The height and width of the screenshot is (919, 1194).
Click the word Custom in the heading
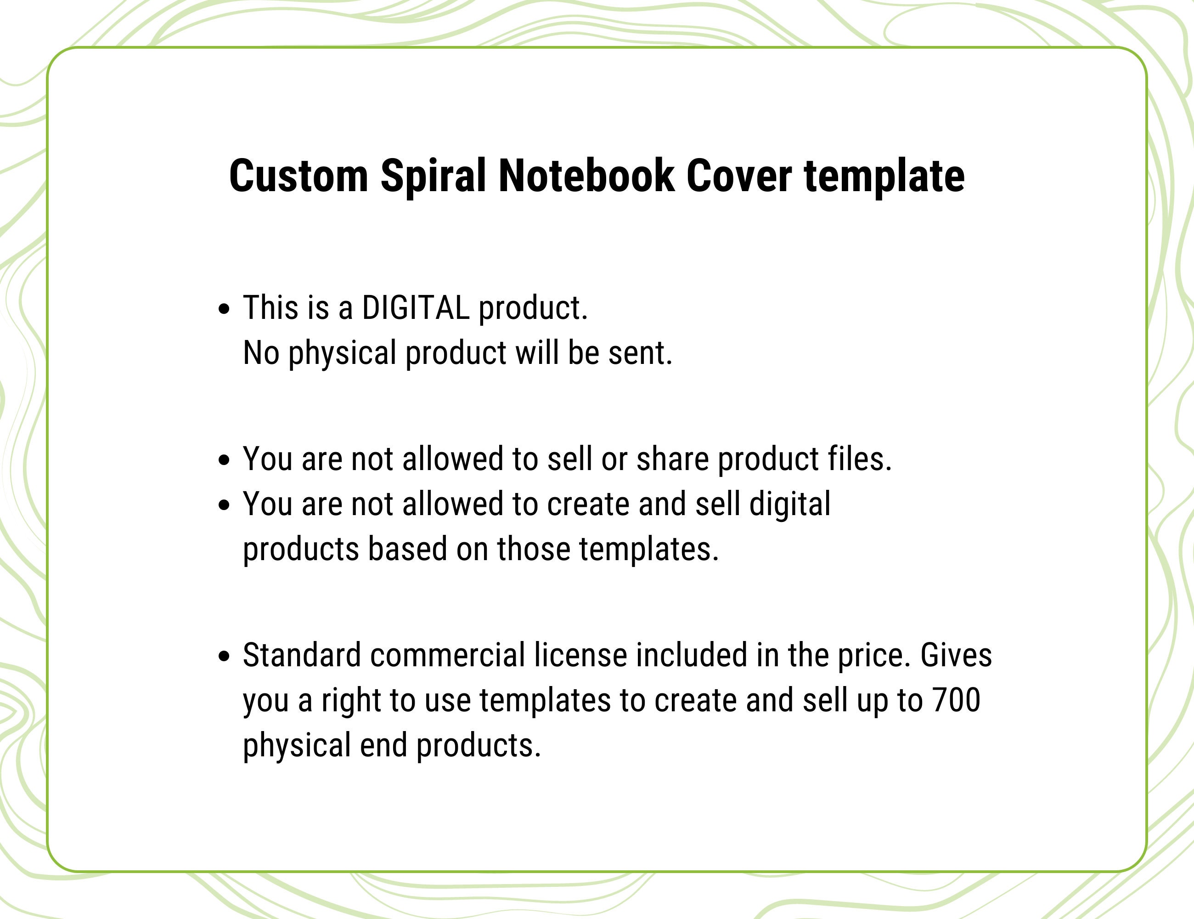pos(298,176)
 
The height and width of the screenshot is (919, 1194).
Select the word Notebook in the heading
pos(586,176)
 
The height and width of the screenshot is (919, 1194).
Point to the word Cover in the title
pos(738,176)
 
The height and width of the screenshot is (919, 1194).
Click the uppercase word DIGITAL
pos(416,308)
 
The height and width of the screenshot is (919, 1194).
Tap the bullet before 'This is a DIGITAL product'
pos(224,309)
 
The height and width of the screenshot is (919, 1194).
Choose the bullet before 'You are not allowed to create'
pos(224,505)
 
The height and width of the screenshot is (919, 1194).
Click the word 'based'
pos(407,549)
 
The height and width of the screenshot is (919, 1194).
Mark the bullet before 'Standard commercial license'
pos(224,657)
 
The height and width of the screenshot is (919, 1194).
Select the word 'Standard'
pos(302,655)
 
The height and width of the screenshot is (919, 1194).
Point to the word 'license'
pos(580,655)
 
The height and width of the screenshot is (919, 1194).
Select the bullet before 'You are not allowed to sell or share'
pos(224,460)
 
